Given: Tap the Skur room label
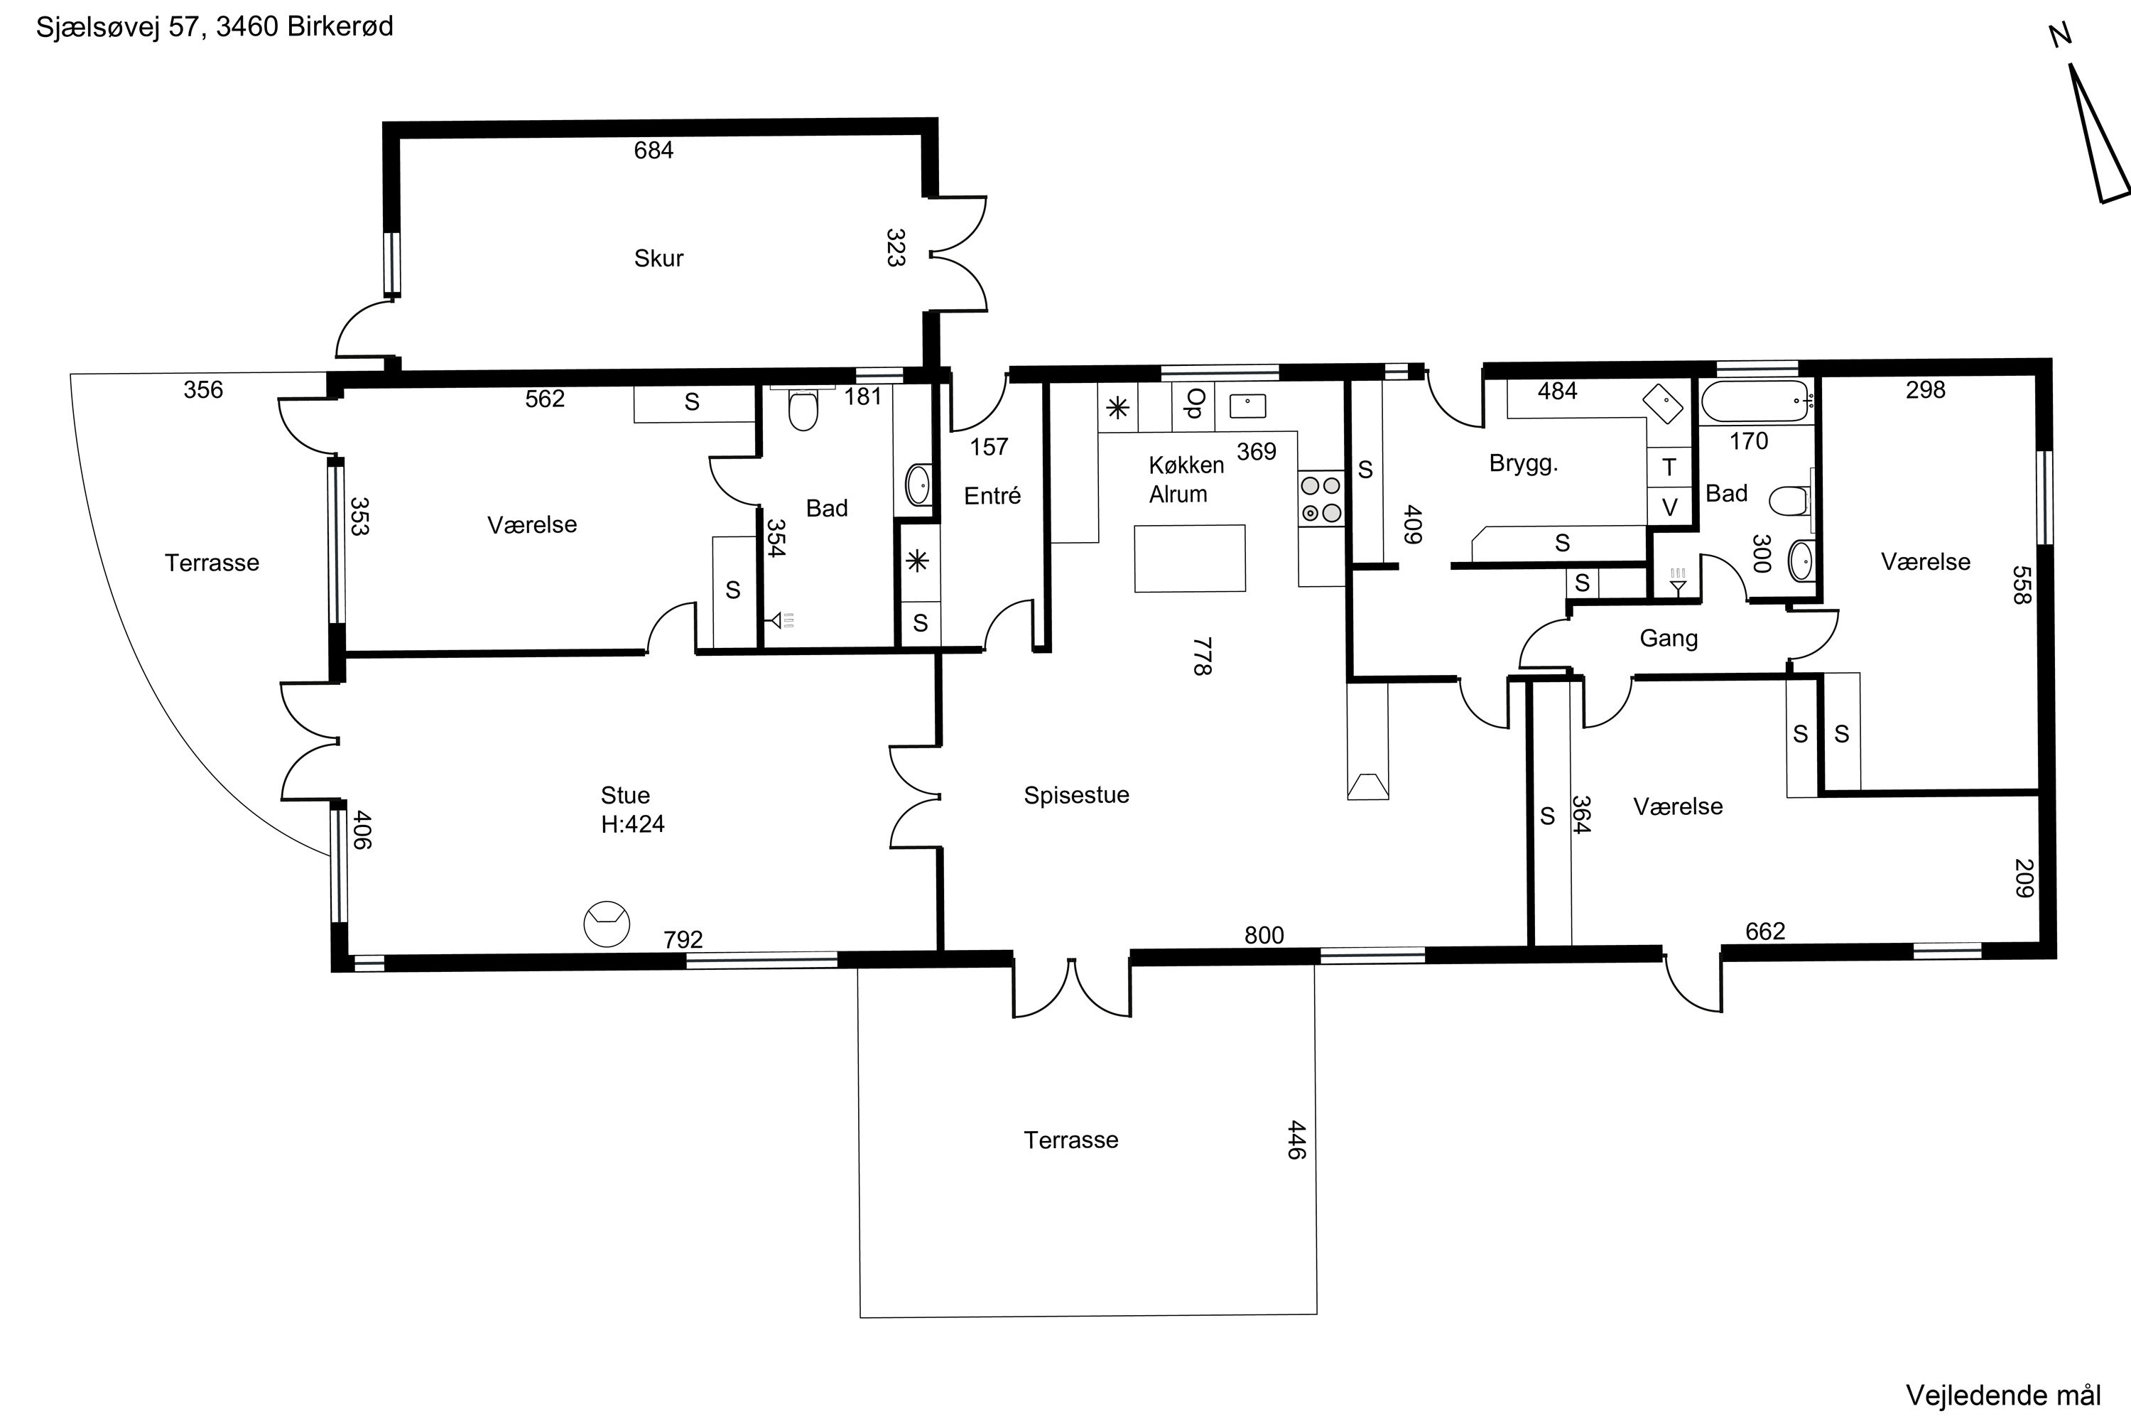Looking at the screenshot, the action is [658, 259].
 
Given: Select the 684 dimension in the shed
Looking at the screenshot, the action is [654, 151].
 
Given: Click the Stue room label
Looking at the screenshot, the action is [625, 795].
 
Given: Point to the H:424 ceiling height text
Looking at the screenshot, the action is [632, 823].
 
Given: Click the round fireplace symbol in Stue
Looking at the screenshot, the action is [606, 924].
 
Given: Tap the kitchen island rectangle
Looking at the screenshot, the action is [1190, 558].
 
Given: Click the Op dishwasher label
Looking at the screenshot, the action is [1195, 404].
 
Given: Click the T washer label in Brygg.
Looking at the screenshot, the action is [1669, 468].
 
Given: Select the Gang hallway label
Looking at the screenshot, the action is [1668, 638].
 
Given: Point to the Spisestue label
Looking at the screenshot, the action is [1076, 795].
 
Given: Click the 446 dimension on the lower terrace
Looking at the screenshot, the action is [1296, 1140].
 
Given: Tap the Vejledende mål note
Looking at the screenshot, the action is [2003, 1395].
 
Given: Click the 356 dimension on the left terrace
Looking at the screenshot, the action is [203, 389].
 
